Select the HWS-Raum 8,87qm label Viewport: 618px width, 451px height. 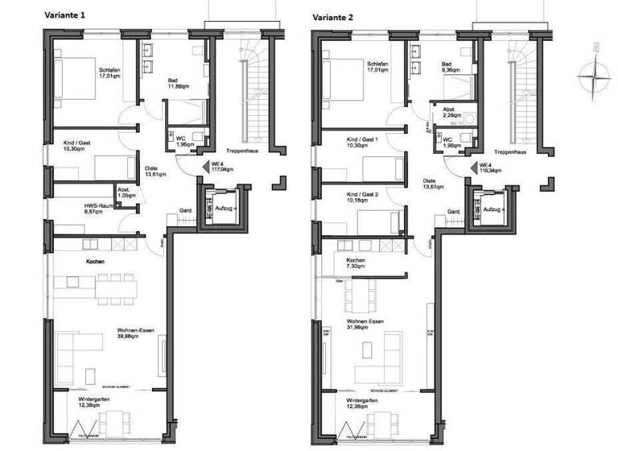pyautogui.click(x=78, y=209)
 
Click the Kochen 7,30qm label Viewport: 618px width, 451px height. pyautogui.click(x=356, y=263)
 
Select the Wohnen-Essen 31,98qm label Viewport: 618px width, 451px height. pyautogui.click(x=365, y=325)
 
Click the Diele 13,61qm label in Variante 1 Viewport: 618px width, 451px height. pyautogui.click(x=155, y=172)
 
